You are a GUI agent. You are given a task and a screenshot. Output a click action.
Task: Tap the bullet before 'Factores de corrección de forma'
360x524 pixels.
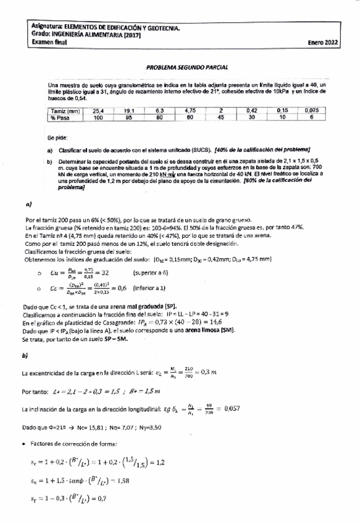coord(23,444)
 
